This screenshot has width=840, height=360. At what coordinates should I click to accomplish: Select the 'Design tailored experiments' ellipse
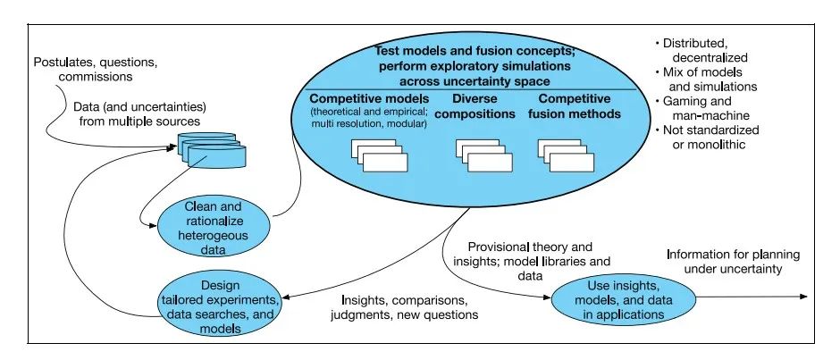tap(237, 303)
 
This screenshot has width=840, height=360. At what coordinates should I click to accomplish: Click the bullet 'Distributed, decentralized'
tap(705, 50)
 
